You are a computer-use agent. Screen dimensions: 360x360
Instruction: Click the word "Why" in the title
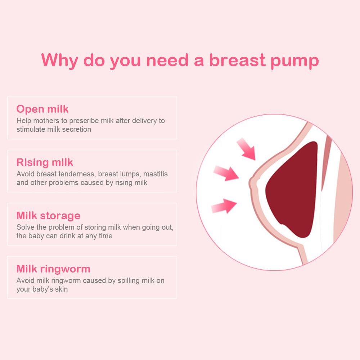(60, 60)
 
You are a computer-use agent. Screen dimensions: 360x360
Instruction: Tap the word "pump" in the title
(295, 61)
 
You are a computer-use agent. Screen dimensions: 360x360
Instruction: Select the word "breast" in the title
(237, 60)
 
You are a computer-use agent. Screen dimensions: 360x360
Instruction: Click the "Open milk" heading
(42, 109)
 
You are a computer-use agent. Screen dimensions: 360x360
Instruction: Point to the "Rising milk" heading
(45, 162)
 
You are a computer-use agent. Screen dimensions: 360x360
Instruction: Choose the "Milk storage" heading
(49, 216)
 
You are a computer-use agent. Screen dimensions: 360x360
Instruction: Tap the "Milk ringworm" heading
(54, 269)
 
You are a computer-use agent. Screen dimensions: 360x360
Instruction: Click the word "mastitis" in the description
(156, 174)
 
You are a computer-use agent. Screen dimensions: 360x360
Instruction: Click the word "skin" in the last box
(61, 289)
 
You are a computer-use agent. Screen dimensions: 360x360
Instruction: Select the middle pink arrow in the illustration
(226, 174)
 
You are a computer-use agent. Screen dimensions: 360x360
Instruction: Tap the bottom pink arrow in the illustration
(224, 206)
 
